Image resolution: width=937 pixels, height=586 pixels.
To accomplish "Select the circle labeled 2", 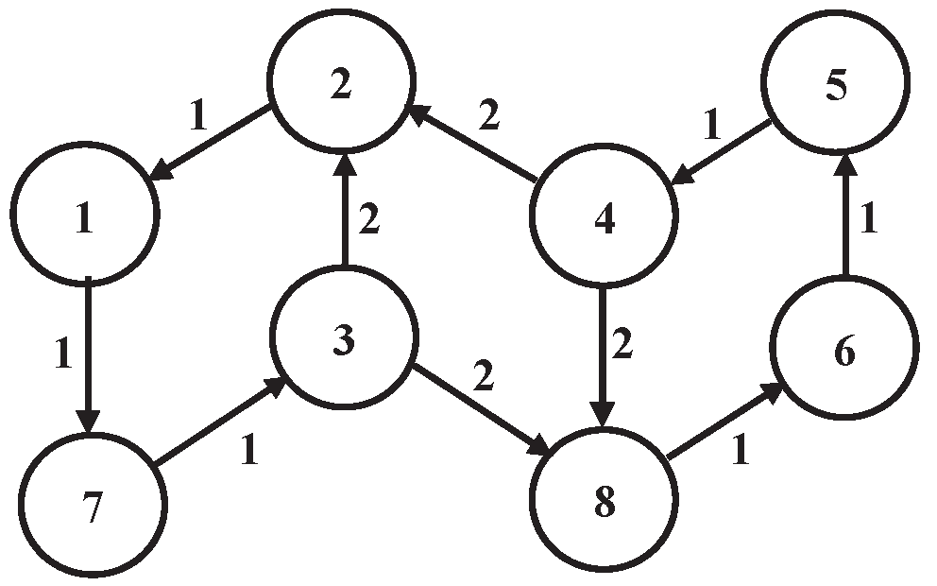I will pyautogui.click(x=342, y=84).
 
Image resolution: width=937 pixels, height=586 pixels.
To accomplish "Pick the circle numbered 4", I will pyautogui.click(x=605, y=219).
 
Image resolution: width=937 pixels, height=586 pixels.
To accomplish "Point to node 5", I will pyautogui.click(x=837, y=86).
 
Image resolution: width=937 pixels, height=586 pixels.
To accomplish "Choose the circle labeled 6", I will pyautogui.click(x=844, y=353).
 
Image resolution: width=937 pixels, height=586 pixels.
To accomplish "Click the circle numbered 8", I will pyautogui.click(x=605, y=501).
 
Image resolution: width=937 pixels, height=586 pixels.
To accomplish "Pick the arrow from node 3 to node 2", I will pyautogui.click(x=345, y=213).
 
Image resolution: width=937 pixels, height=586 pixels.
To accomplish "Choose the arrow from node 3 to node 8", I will pyautogui.click(x=478, y=409).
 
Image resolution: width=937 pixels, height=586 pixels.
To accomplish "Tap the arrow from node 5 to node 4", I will pyautogui.click(x=724, y=149).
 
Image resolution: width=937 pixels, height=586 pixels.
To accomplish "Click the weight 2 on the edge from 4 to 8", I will pyautogui.click(x=622, y=346).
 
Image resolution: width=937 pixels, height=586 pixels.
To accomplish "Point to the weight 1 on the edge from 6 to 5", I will pyautogui.click(x=870, y=220).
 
